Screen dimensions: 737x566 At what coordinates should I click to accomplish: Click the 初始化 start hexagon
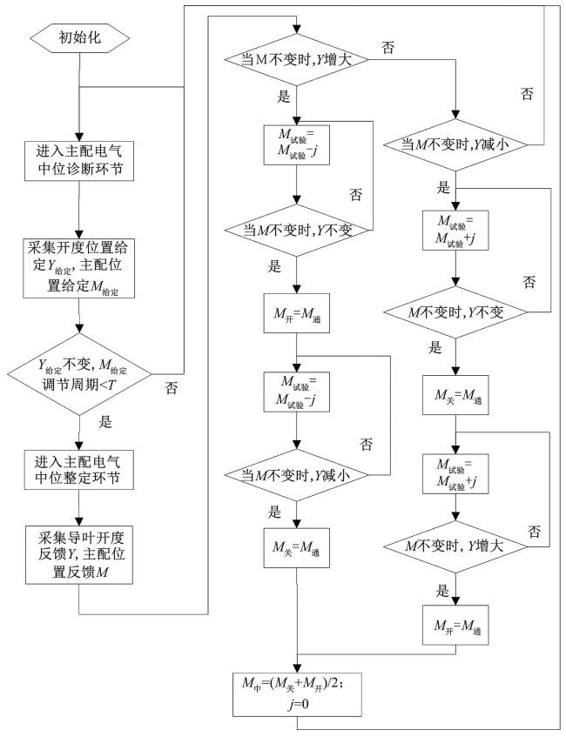coord(80,37)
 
